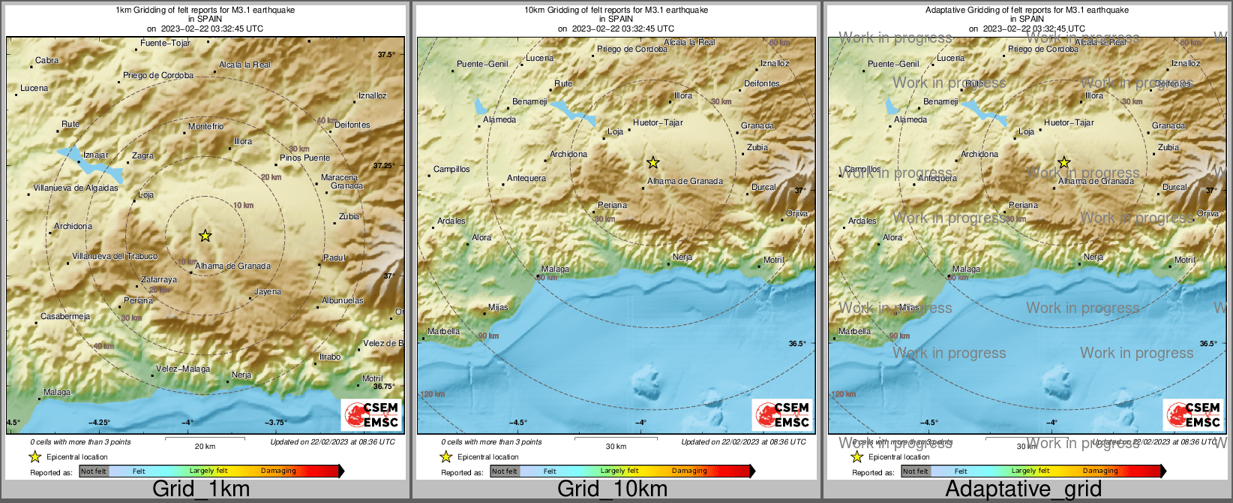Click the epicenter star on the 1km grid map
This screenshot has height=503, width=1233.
point(205,236)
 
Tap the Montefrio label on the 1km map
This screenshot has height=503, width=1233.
point(205,126)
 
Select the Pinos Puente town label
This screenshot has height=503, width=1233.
point(304,158)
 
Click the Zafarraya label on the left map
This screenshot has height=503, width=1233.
point(159,279)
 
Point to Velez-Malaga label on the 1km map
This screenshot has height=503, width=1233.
point(183,369)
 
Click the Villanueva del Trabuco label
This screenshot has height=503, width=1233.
point(115,256)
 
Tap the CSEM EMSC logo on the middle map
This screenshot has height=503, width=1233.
point(782,414)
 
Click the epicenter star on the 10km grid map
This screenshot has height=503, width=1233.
point(653,162)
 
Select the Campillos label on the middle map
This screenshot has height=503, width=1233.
point(451,169)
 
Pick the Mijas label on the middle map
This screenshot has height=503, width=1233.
point(498,307)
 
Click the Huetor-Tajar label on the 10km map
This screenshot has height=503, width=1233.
point(658,122)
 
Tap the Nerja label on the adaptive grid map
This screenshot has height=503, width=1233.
point(1093,257)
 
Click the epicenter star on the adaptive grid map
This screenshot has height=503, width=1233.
point(1064,162)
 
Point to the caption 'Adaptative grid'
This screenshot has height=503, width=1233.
point(1023,489)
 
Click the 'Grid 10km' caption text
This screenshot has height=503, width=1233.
point(612,489)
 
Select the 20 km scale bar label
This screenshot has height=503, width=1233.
point(205,446)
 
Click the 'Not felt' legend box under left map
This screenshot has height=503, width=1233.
point(94,471)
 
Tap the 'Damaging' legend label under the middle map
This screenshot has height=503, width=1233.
point(689,471)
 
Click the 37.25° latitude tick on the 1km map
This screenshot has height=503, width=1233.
point(384,165)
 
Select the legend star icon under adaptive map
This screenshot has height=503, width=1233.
point(856,456)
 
